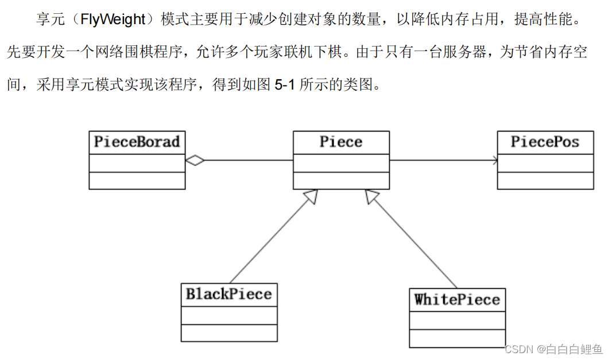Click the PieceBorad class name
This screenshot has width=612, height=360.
tap(137, 142)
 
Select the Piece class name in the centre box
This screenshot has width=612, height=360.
tap(341, 142)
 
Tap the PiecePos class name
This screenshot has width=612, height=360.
tap(545, 142)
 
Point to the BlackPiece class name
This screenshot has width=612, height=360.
tap(228, 295)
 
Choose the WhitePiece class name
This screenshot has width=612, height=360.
tap(457, 300)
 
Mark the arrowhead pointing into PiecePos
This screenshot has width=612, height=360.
tap(494, 161)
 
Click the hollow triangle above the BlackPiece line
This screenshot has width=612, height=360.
tap(311, 197)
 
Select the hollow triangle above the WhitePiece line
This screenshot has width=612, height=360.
tap(371, 197)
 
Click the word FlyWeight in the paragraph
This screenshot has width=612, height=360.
tap(113, 20)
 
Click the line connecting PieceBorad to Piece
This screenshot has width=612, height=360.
tap(247, 161)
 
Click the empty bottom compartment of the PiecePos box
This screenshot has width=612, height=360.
tap(545, 181)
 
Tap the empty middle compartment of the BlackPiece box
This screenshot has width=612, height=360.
tap(228, 315)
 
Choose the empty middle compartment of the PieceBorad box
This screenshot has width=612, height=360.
tap(137, 163)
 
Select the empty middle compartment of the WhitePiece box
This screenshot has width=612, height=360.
tap(457, 320)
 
